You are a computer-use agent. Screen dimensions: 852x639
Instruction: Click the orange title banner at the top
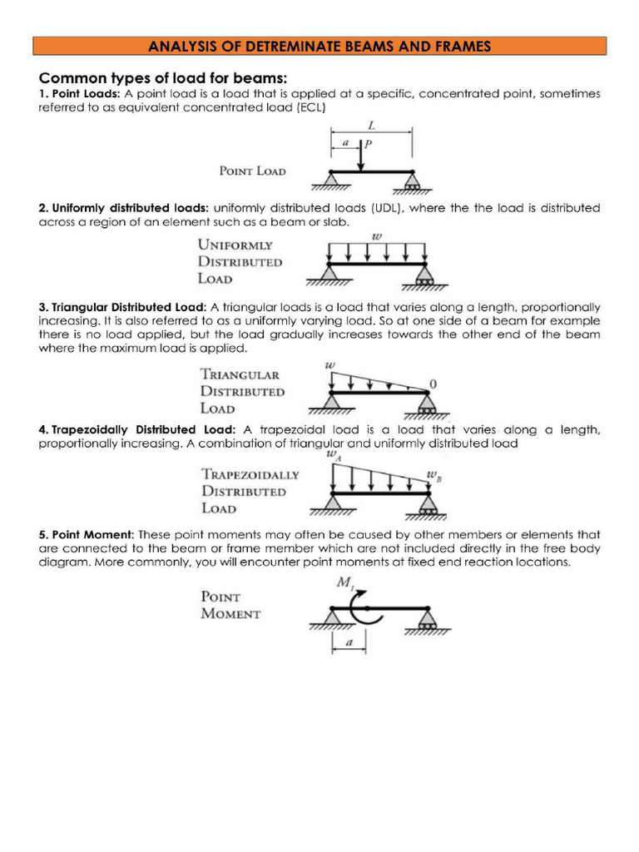point(319,46)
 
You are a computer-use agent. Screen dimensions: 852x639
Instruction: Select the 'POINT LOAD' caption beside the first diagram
point(252,171)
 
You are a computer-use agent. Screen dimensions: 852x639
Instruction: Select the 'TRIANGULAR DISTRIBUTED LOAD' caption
point(242,391)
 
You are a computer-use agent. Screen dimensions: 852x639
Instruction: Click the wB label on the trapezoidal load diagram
point(433,477)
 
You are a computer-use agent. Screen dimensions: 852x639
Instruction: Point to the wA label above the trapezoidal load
point(334,454)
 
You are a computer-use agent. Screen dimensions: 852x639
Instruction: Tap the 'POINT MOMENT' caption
point(230,605)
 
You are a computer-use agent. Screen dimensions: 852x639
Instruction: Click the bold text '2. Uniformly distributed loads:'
point(124,207)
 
